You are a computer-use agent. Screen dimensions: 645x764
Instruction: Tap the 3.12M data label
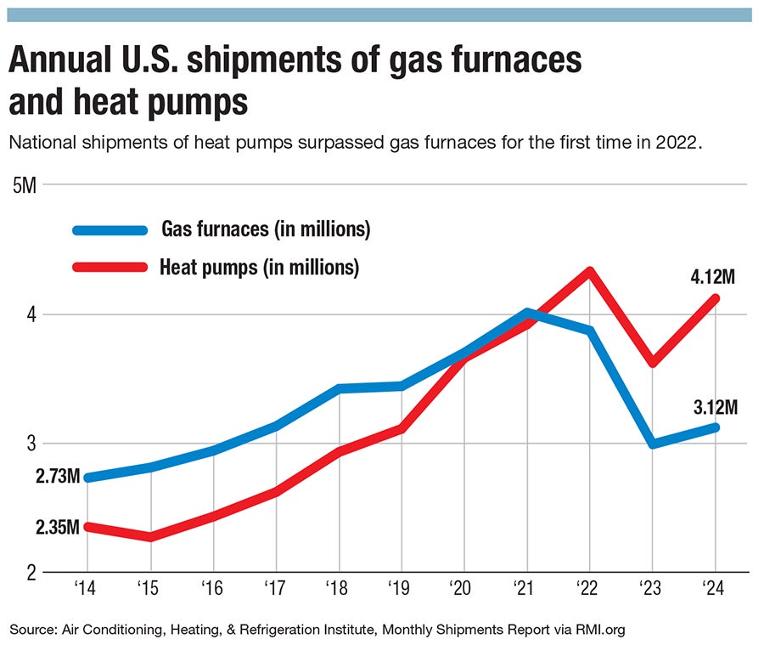(715, 407)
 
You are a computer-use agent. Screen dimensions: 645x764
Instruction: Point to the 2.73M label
(58, 477)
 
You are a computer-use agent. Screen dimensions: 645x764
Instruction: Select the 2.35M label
(58, 528)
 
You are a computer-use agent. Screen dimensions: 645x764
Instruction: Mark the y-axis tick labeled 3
(30, 444)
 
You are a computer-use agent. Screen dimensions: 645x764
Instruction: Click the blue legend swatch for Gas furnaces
(111, 229)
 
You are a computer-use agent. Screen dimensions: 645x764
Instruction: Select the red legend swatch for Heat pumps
(111, 268)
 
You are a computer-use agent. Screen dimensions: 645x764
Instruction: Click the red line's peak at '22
(590, 271)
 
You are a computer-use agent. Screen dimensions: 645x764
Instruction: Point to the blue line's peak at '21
(527, 312)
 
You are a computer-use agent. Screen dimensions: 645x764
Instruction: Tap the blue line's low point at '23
(652, 444)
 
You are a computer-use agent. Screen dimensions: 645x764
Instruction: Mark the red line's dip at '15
(150, 537)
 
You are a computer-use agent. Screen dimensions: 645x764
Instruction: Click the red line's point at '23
(652, 363)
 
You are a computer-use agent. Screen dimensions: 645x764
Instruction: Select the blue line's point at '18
(339, 388)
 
